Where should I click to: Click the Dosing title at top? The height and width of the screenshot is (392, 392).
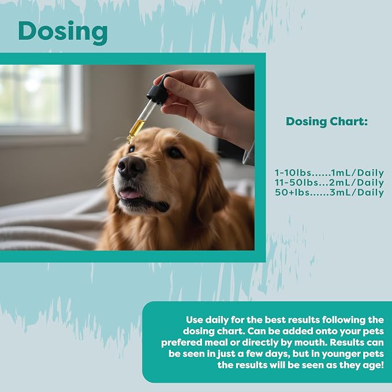click(x=63, y=32)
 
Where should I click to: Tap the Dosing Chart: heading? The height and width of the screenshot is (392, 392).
click(x=327, y=122)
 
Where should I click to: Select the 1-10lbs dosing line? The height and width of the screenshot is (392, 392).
click(x=329, y=173)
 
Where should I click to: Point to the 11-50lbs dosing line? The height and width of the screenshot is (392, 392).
click(x=329, y=182)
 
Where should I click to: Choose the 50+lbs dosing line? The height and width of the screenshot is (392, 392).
click(x=329, y=192)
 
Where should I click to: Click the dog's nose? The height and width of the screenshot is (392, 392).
click(x=131, y=166)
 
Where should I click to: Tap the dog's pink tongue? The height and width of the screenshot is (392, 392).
click(x=130, y=194)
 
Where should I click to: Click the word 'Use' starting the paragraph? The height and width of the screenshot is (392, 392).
click(x=194, y=320)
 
